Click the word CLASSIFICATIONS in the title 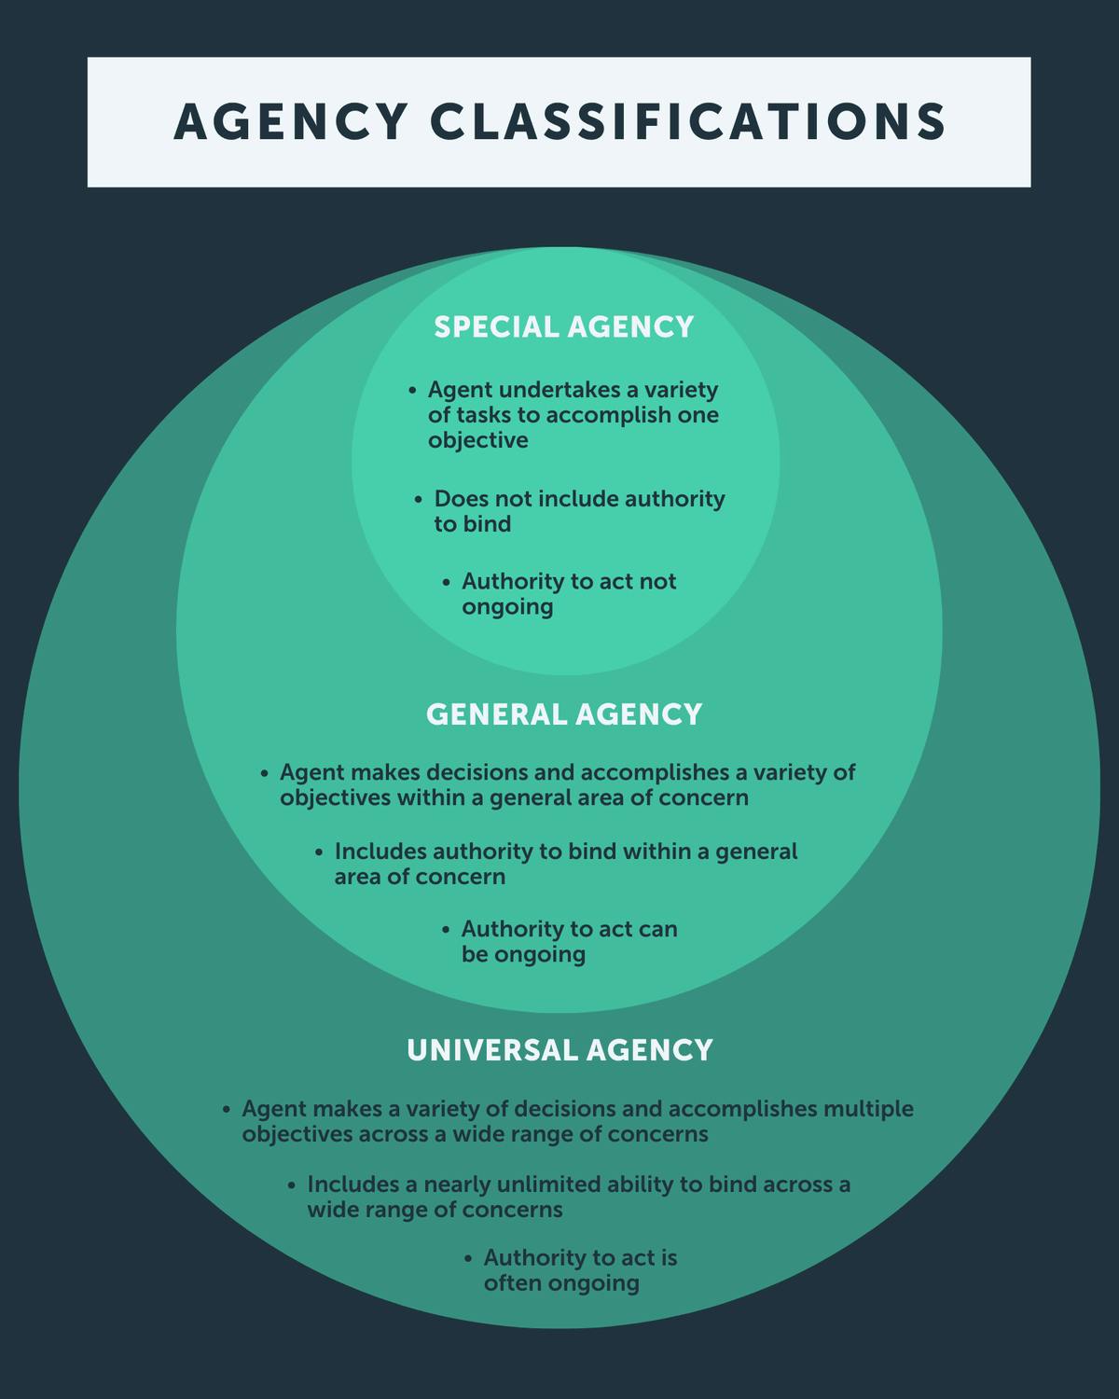tap(688, 122)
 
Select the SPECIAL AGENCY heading tap(564, 327)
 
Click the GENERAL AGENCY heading tap(564, 714)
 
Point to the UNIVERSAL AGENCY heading tap(559, 1050)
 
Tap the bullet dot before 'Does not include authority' tap(419, 500)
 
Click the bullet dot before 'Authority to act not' tap(447, 582)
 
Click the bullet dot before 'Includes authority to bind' tap(319, 852)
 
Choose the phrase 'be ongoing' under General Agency tap(523, 955)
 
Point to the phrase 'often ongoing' tap(561, 1283)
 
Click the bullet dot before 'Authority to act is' tap(468, 1258)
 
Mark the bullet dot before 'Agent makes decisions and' tap(264, 773)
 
